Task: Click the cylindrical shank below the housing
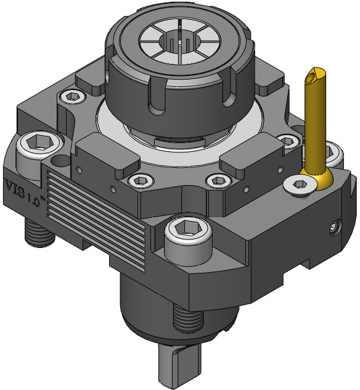148,302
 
